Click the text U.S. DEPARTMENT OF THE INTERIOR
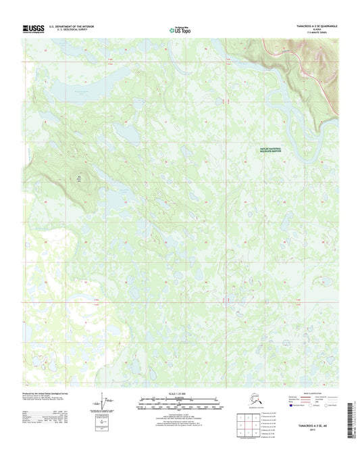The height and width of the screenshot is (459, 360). point(75,26)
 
